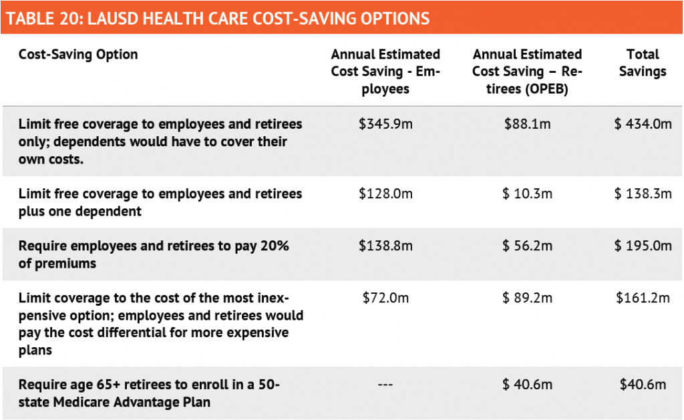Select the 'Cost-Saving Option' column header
coord(78,55)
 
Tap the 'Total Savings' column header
coord(643,63)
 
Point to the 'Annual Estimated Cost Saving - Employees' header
coord(385,71)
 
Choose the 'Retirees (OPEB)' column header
coord(527,71)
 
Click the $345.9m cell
coord(385,124)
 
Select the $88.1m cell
coord(527,124)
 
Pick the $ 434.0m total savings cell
coord(643,124)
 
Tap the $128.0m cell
coord(385,194)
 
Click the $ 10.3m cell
coord(527,194)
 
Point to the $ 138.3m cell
coord(643,194)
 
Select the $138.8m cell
coord(385,246)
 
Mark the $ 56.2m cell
coord(527,246)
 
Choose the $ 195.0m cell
coord(643,246)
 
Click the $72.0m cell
coord(385,298)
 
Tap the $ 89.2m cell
coord(527,298)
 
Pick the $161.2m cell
coord(643,298)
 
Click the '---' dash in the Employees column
coord(385,385)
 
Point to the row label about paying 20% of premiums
coord(154,254)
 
